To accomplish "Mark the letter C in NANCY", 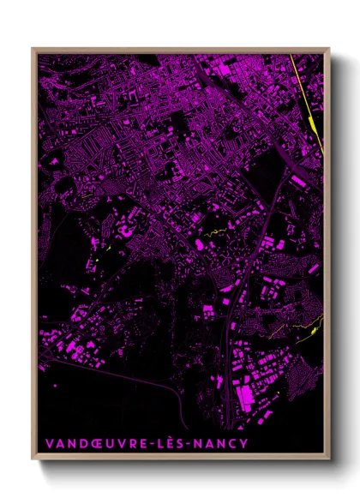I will pos(233,443).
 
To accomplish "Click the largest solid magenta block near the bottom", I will pos(247,394).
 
